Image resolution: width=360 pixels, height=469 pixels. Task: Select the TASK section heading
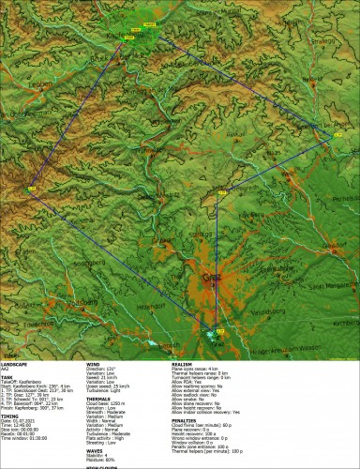click(8, 377)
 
